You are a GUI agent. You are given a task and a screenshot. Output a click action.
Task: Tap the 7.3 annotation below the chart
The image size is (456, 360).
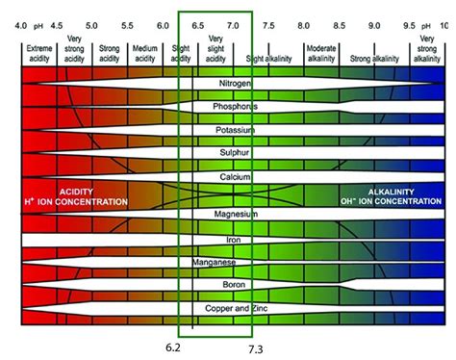[x=256, y=347]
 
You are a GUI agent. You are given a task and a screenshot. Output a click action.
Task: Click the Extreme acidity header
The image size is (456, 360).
[x=39, y=52]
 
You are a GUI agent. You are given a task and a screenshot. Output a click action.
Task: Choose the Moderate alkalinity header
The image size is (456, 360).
[x=320, y=52]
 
